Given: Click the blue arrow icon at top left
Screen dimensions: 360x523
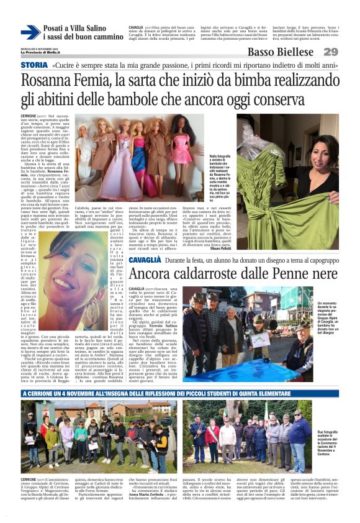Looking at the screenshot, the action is point(30,32).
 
